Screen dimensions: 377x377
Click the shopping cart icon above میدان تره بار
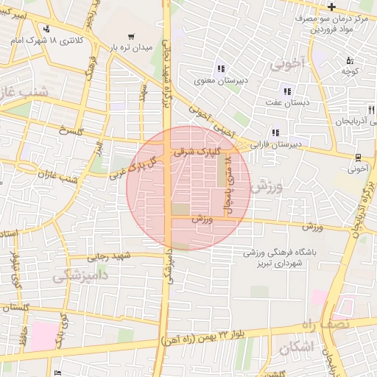131,35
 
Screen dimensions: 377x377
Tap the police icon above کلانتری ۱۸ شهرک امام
47,29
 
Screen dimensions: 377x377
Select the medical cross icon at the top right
332,7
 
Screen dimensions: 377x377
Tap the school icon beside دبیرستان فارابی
275,133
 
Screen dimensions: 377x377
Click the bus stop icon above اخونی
358,157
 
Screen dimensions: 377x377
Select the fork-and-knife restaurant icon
370,110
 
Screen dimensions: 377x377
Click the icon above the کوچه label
350,61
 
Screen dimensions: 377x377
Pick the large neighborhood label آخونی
286,64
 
